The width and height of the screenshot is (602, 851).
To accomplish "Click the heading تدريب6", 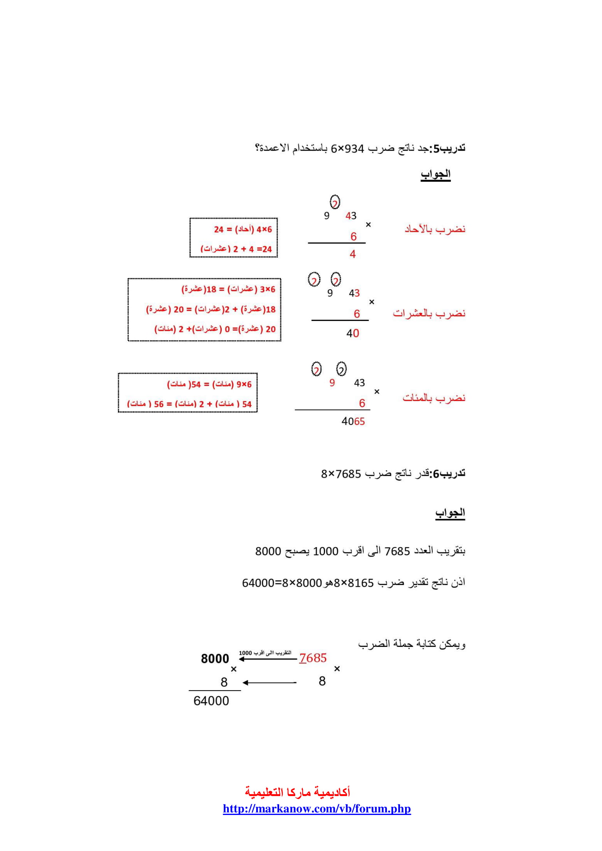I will tap(449, 474).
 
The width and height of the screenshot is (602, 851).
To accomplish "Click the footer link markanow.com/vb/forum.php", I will tap(317, 808).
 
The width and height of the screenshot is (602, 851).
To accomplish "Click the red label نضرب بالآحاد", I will tap(435, 229).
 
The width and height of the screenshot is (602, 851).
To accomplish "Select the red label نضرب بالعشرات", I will tap(429, 314).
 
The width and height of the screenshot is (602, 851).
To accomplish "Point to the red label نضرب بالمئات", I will tap(434, 398).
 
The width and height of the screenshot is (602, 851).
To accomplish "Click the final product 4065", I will tap(353, 421).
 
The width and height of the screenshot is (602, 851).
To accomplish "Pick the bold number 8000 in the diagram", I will tap(215, 659).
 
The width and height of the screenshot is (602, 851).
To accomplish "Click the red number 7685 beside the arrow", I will tap(313, 658).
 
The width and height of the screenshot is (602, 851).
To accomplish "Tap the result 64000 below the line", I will tap(211, 701).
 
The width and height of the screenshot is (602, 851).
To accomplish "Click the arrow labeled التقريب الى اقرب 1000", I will tap(268, 659).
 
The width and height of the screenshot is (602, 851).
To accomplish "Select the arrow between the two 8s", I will tap(269, 682).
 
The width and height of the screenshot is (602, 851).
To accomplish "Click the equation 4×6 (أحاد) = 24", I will tap(243, 230).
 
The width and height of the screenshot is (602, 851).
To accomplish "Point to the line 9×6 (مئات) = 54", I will tap(209, 384).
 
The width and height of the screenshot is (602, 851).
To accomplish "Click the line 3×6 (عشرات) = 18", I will tap(228, 289).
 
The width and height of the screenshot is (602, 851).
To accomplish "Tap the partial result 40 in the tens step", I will tap(353, 333).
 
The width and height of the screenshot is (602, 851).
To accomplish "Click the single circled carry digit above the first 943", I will tap(335, 202).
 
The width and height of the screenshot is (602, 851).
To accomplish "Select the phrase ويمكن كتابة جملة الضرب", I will tap(412, 644).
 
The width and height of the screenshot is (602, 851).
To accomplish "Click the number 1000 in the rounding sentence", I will tap(325, 552).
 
